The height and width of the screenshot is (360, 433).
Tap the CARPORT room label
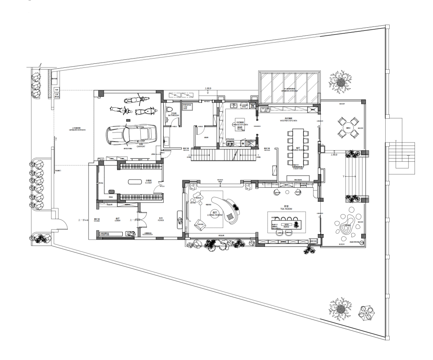tap(141, 147)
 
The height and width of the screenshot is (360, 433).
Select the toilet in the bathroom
tap(170, 110)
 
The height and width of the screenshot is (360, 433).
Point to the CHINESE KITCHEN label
tap(241, 125)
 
